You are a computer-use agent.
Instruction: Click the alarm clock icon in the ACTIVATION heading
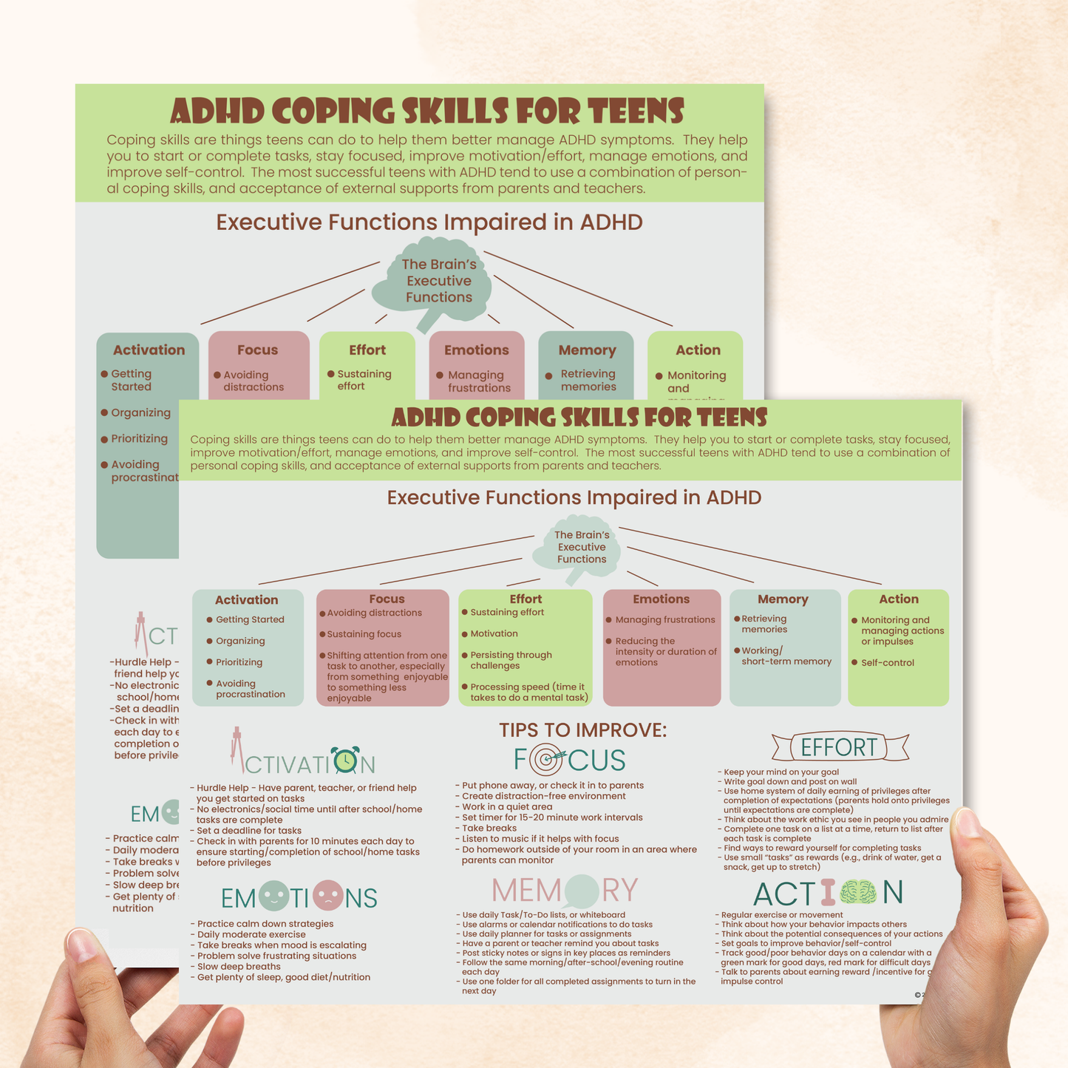344,761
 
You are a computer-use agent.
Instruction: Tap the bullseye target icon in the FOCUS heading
548,759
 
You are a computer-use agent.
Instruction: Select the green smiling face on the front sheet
274,897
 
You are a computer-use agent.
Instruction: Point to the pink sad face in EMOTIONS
327,897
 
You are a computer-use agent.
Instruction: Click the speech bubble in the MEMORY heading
581,891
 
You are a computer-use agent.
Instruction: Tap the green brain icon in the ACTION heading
857,894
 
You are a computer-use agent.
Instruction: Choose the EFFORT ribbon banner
840,747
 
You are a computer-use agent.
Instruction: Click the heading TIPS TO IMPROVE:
582,730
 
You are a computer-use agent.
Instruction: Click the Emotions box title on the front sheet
661,599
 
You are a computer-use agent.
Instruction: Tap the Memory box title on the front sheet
783,599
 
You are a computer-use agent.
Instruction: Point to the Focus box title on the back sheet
257,350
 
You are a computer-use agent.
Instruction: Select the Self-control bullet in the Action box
887,663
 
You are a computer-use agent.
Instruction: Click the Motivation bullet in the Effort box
494,634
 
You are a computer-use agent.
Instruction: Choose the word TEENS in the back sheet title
636,112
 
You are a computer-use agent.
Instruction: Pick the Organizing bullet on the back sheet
140,413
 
